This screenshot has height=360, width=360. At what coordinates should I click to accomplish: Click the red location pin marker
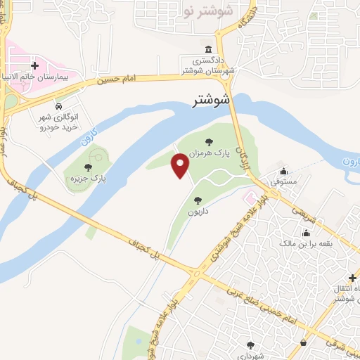tap(181, 166)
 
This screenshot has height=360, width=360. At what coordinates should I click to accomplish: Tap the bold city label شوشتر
tap(212, 101)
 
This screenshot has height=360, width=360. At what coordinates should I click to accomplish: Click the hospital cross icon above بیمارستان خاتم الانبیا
tap(34, 65)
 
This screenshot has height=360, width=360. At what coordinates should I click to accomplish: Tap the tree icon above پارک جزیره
tap(87, 167)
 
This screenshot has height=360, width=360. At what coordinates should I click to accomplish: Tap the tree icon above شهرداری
tap(250, 345)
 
